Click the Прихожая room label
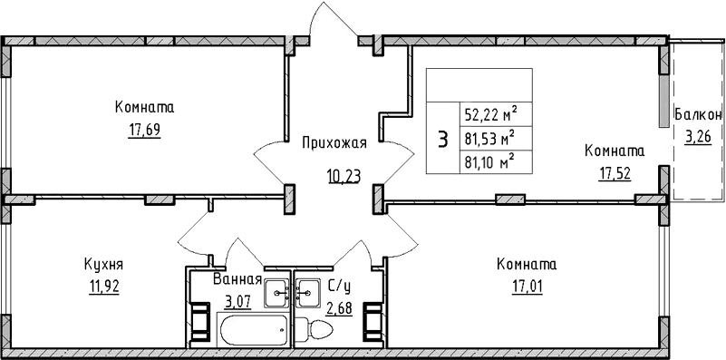pos(334,143)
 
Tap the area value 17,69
pos(144,131)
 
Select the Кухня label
pos(103,266)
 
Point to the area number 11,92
pos(103,287)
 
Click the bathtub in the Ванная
pos(254,329)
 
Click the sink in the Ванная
pos(277,293)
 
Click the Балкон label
pos(698,114)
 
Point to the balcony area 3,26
pos(698,137)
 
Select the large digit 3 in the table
pos(443,139)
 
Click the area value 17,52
pos(615,175)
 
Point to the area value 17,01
pos(527,287)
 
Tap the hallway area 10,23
pos(344,176)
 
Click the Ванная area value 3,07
pos(238,302)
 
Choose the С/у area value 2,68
pos(339,308)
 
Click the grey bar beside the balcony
pos(663,102)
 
